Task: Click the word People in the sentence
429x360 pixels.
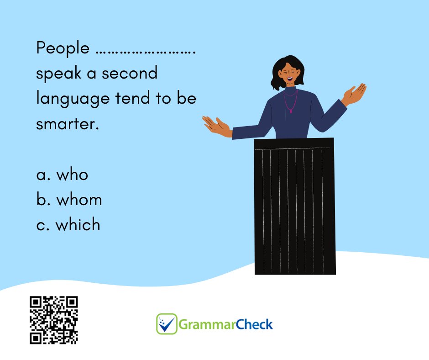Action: click(63, 48)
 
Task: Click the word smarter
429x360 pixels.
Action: click(67, 124)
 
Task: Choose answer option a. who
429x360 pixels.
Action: click(62, 175)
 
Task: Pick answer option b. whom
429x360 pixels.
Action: click(69, 200)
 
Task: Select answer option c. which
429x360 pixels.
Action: click(68, 225)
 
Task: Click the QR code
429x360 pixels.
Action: click(54, 320)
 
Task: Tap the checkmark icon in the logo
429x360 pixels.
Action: click(167, 324)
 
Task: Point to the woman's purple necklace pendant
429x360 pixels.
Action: click(291, 111)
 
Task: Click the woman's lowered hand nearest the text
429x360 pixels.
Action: click(215, 124)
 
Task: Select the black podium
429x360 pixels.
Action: click(295, 206)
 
